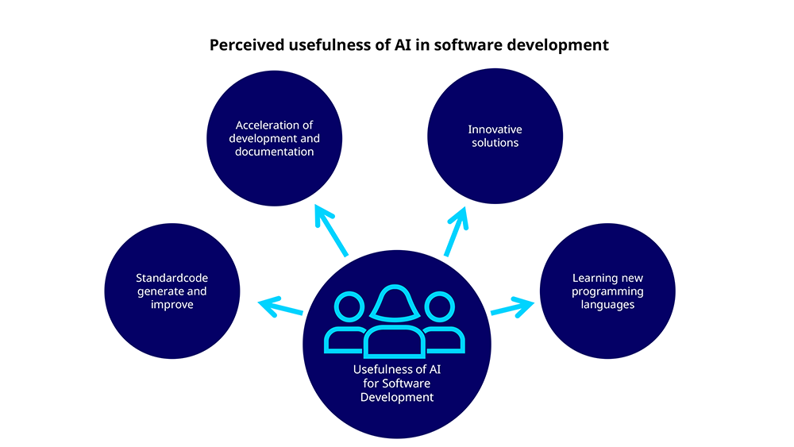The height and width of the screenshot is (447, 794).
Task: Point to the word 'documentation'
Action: coord(274,152)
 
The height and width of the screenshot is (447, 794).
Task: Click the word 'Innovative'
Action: coord(495,129)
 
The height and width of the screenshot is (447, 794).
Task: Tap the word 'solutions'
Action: coord(495,143)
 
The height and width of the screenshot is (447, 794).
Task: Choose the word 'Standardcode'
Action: coord(172,278)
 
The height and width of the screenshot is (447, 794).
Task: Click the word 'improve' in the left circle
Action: coord(172,305)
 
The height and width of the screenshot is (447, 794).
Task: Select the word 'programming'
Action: coord(607,291)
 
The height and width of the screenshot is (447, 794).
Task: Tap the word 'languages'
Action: coord(607,305)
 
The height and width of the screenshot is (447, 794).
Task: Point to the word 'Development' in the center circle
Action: coord(396,398)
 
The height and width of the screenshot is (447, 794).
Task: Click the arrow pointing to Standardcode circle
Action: coord(280,306)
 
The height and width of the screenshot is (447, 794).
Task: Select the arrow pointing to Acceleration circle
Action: coord(331,230)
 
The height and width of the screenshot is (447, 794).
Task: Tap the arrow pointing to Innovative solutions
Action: coord(457,231)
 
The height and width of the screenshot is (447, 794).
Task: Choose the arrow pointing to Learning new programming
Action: coord(512,307)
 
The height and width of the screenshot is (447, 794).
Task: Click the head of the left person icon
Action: coord(349,306)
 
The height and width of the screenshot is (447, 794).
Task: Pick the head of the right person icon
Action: coord(440,306)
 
